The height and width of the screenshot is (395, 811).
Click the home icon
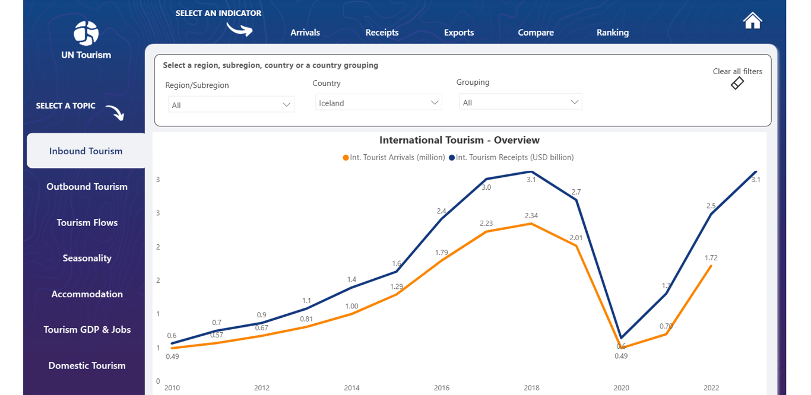tap(752, 21)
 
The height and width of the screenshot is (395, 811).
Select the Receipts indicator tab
tap(382, 33)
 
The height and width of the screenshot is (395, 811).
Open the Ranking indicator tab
tap(613, 33)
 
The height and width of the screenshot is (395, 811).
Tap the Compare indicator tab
tap(536, 33)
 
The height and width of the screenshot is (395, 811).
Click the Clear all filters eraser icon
tap(737, 83)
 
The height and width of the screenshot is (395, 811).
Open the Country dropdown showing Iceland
tap(378, 103)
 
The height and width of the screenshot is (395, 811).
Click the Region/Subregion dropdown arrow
tap(286, 105)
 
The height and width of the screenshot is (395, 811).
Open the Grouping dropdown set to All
tap(521, 103)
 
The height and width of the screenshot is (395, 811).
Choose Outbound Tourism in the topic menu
tap(87, 187)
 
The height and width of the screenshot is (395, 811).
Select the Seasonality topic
tap(87, 258)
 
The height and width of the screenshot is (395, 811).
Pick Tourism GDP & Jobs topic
tap(87, 330)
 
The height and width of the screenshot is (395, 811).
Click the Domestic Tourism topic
tap(87, 365)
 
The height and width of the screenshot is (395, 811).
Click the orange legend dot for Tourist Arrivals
tap(346, 158)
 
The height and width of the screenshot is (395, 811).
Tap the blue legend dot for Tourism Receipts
tap(452, 158)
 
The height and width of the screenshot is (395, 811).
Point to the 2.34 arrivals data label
tap(531, 215)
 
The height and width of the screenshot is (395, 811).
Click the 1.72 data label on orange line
tap(711, 258)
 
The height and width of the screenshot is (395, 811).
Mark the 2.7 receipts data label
tap(576, 192)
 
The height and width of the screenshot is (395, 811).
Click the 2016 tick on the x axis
tap(442, 388)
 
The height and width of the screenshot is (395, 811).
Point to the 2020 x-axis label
tap(621, 388)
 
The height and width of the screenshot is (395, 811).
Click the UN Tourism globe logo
tap(86, 33)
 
